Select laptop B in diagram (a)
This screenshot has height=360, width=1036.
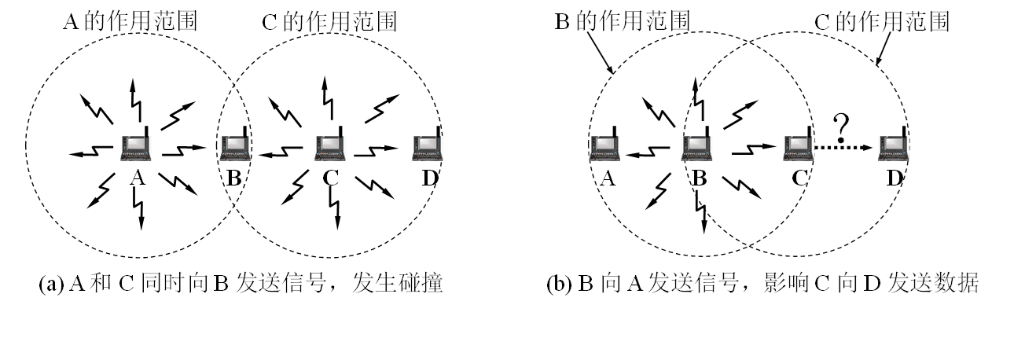click(234, 147)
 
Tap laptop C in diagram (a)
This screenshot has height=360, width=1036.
click(330, 147)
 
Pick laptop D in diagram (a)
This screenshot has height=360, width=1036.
click(427, 147)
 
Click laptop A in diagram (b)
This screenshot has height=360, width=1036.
click(605, 147)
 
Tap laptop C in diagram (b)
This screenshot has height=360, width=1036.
click(798, 147)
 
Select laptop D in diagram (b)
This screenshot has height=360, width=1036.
click(894, 147)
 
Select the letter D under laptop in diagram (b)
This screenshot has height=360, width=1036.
click(895, 178)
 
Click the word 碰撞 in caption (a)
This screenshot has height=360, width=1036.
click(424, 284)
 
